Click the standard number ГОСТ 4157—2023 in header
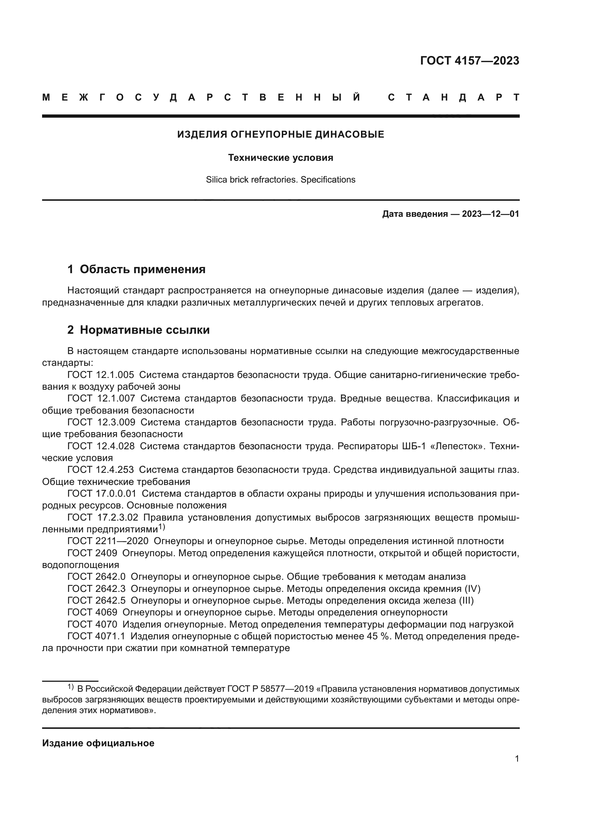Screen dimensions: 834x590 (x=469, y=61)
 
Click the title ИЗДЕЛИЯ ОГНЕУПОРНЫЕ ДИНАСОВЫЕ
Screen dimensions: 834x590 (x=280, y=135)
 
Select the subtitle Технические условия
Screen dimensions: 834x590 (x=280, y=158)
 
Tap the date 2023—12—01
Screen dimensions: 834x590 (x=490, y=214)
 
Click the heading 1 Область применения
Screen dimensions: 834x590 (x=136, y=269)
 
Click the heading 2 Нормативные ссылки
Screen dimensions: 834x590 (x=138, y=330)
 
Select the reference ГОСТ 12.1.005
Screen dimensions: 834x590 (x=101, y=374)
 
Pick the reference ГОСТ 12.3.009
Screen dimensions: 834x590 (x=101, y=422)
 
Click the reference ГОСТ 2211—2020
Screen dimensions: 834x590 (x=108, y=541)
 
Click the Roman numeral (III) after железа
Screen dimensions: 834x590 (x=466, y=600)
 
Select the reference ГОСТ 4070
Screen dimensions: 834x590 (x=92, y=624)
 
